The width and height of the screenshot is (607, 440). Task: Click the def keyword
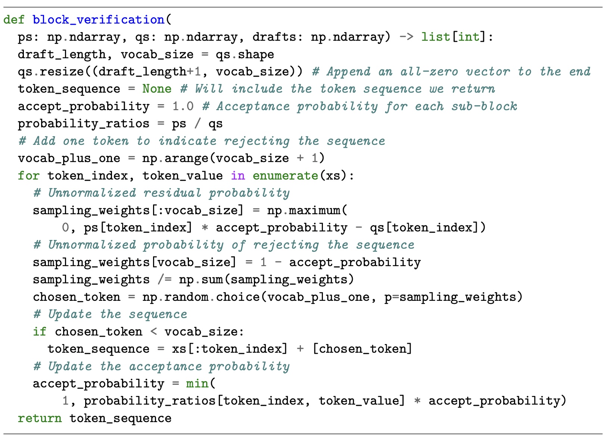[14, 19]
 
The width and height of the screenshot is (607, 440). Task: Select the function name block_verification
[98, 19]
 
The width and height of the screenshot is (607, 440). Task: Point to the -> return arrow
[406, 37]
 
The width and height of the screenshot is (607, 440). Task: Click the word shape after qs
[256, 54]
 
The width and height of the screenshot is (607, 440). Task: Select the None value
[157, 89]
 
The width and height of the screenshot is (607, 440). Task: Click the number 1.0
[183, 106]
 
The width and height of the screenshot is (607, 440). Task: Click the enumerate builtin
[285, 175]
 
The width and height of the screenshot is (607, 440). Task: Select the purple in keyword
[238, 175]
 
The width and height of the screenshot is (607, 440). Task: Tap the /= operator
[164, 280]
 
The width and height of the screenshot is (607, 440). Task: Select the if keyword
[40, 331]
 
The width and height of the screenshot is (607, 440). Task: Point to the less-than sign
[153, 331]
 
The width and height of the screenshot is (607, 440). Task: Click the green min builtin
[197, 383]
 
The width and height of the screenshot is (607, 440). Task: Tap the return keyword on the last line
[40, 418]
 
